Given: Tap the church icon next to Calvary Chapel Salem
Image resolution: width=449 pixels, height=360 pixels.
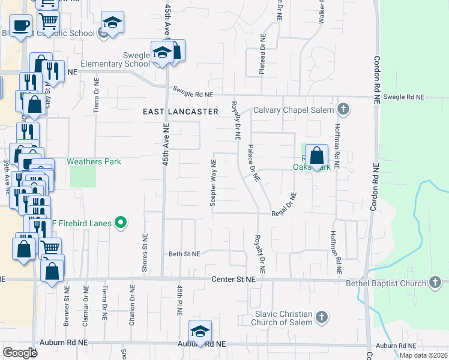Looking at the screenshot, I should pos(343,109).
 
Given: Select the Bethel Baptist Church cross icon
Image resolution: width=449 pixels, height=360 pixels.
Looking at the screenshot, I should pos(436,282).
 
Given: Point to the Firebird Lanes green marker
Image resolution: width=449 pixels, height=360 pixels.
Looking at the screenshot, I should pos(121,223).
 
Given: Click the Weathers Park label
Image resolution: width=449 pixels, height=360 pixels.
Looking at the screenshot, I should pos(94,161).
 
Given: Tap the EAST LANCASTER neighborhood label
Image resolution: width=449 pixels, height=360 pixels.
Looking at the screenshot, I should pos(180,112).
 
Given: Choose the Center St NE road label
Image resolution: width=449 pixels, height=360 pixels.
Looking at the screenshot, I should pos(234,280).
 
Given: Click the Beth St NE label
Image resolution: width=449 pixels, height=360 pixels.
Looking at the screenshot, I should pos(184,254).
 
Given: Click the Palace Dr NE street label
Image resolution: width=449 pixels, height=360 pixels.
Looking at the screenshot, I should pos(253,163).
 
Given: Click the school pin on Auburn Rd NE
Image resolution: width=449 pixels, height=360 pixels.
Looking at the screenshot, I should pos(200,331).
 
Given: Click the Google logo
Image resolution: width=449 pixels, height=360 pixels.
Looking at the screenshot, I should pos(20,353).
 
